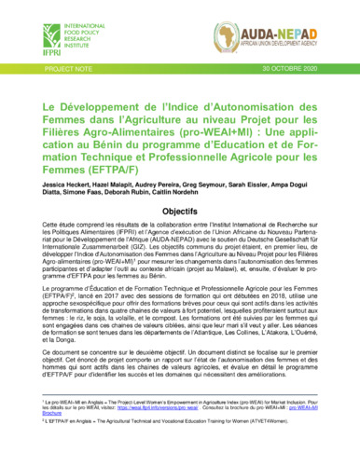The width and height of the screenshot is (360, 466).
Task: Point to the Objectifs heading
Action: tap(179, 185)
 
